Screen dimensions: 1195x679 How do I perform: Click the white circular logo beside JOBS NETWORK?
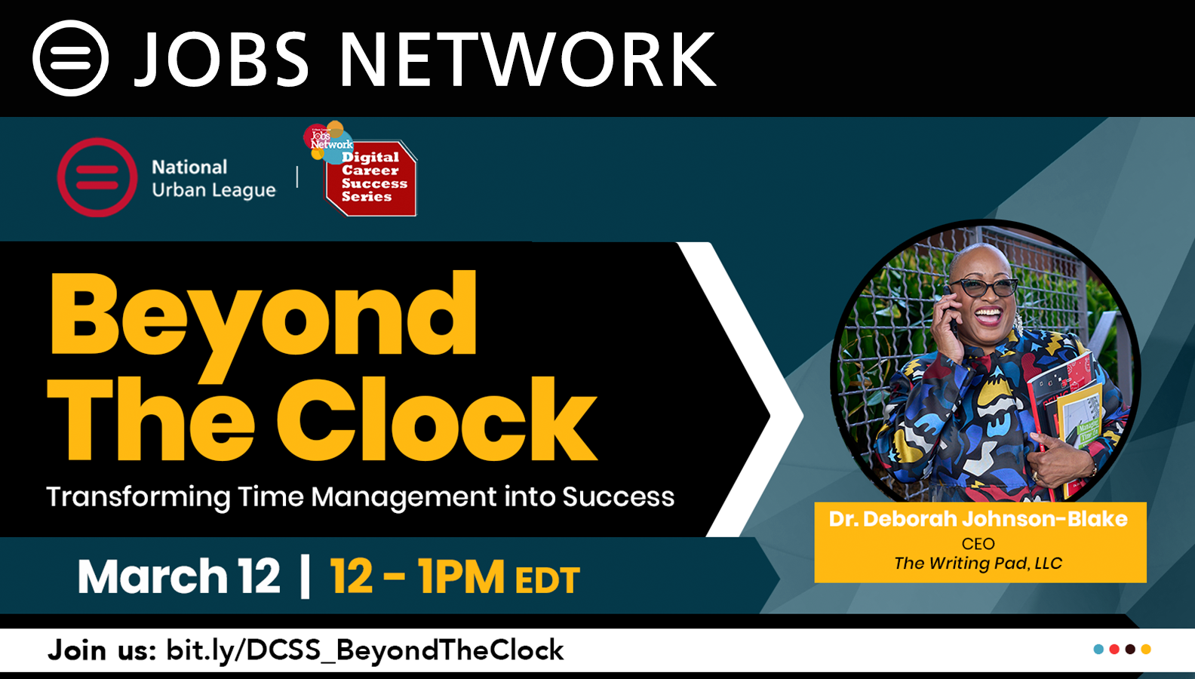tap(70, 58)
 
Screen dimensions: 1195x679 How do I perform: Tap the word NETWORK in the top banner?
tap(527, 59)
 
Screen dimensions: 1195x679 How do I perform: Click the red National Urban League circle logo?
tap(97, 177)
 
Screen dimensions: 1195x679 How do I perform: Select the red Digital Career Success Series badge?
tap(370, 177)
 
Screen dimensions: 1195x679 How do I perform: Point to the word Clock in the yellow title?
tap(436, 419)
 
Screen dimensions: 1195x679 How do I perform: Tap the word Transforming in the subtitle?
tap(138, 498)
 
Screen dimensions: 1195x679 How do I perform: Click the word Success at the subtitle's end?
tap(619, 496)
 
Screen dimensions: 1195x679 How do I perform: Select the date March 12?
tap(179, 576)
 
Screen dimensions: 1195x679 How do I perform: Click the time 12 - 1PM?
tap(417, 576)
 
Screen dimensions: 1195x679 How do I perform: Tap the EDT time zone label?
tap(548, 579)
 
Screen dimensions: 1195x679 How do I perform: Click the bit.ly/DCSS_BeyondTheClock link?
tap(365, 650)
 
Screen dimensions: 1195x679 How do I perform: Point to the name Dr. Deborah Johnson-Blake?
tap(978, 519)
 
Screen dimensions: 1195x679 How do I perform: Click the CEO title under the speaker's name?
tap(978, 543)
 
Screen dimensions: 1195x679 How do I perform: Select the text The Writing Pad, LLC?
tap(978, 564)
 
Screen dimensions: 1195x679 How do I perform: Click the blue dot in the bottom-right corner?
tap(1098, 649)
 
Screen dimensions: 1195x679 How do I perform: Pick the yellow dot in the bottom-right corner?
tap(1146, 649)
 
